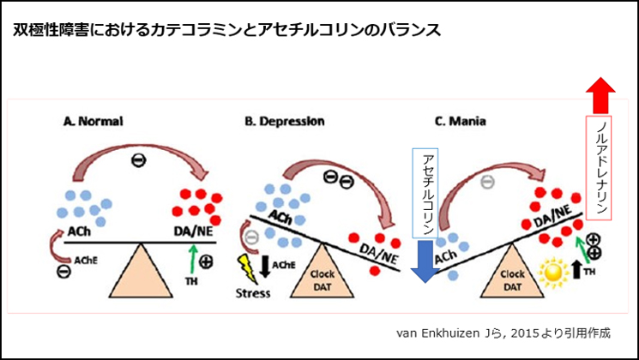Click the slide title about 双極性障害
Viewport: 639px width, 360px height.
(x=227, y=31)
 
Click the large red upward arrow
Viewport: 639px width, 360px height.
(x=600, y=93)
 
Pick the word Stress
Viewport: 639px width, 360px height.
(x=253, y=292)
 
